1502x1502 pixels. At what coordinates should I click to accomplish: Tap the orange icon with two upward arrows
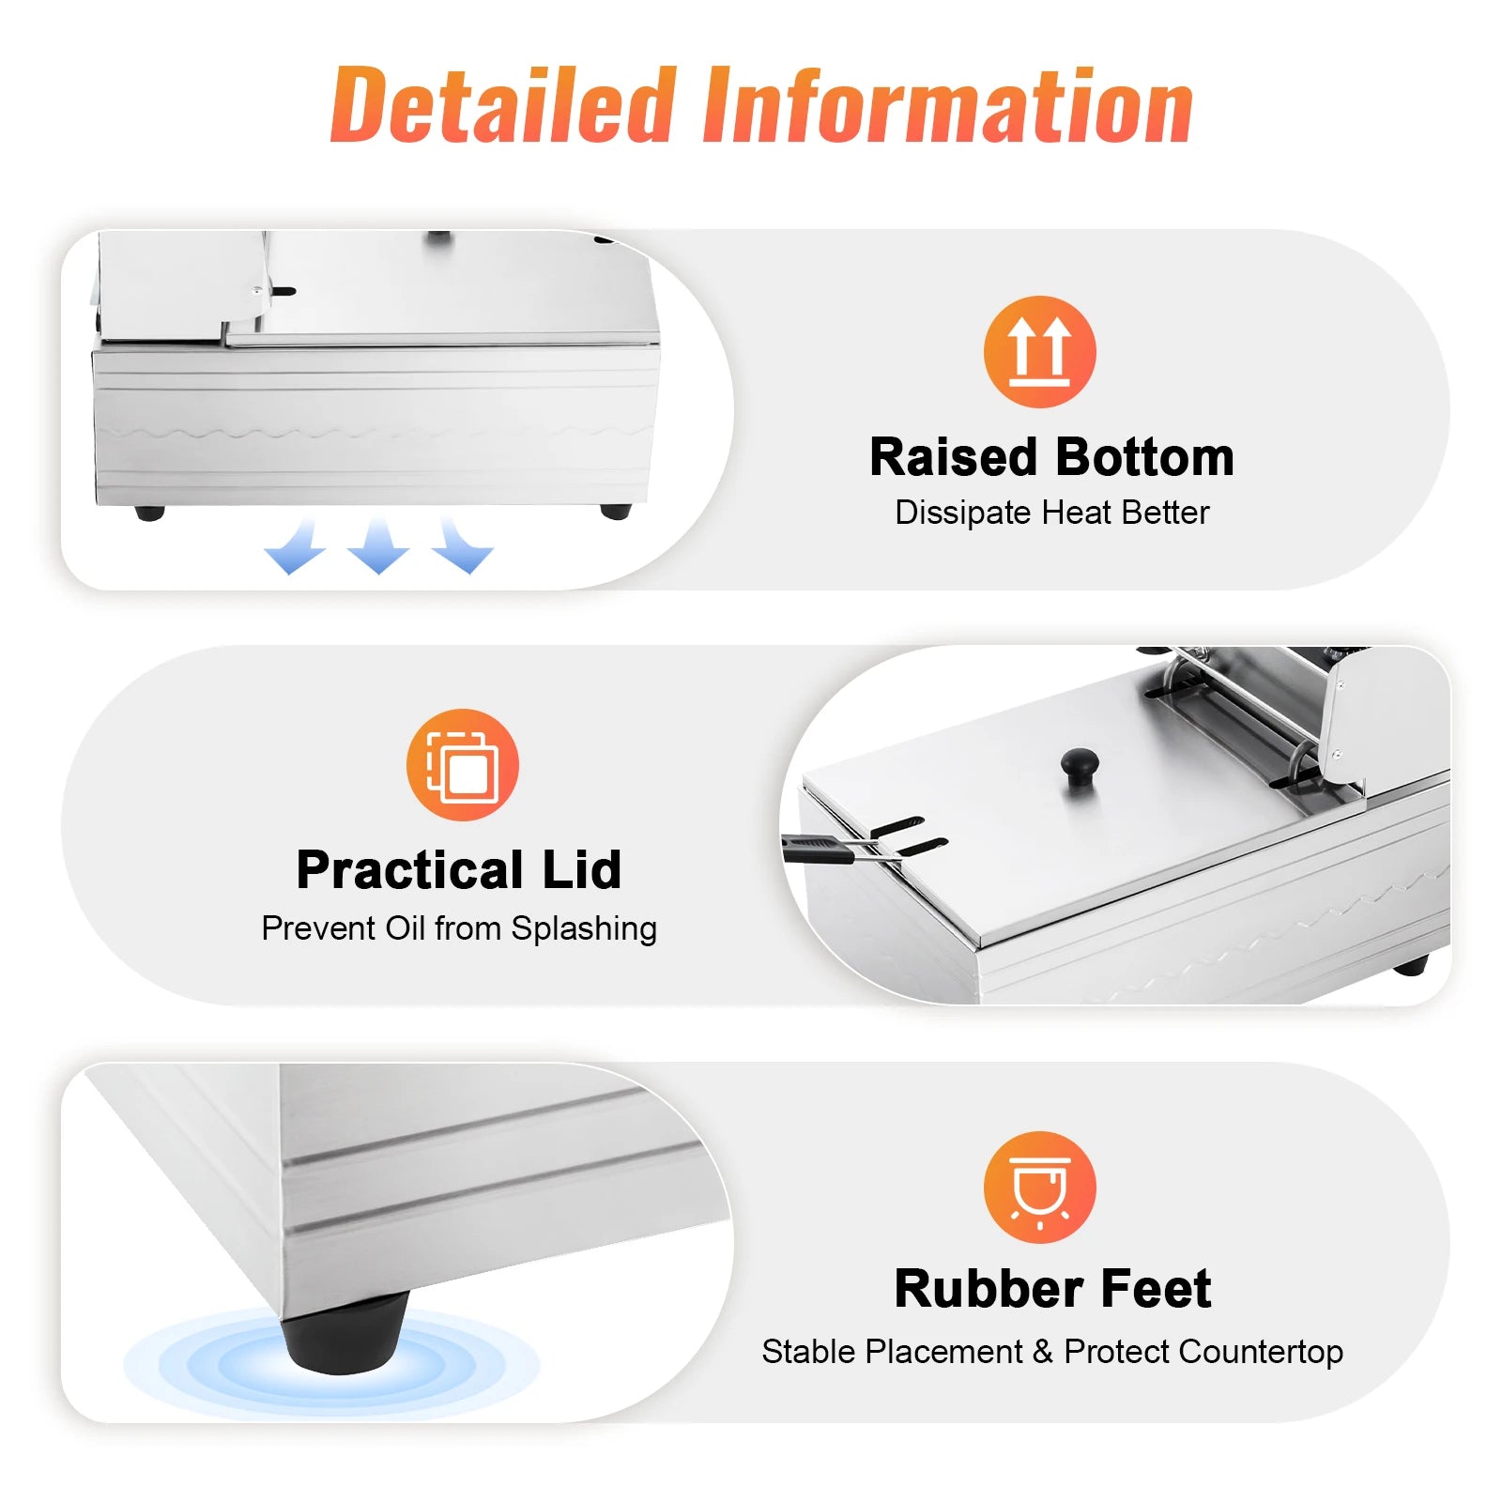pyautogui.click(x=1039, y=352)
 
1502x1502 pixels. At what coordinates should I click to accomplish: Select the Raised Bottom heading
pyautogui.click(x=1051, y=457)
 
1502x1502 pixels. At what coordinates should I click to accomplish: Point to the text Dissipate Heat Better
pyautogui.click(x=1051, y=513)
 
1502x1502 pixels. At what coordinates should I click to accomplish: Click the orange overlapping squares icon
pyautogui.click(x=462, y=764)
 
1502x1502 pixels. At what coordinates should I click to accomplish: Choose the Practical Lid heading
pyautogui.click(x=459, y=869)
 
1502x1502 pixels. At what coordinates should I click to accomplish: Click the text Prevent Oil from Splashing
pyautogui.click(x=459, y=928)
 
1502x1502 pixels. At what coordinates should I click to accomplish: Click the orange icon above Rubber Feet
pyautogui.click(x=1039, y=1188)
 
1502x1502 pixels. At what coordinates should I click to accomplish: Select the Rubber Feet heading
pyautogui.click(x=1052, y=1288)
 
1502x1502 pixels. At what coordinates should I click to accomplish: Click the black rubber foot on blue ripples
pyautogui.click(x=345, y=1333)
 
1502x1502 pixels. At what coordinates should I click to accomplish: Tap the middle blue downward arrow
pyautogui.click(x=377, y=544)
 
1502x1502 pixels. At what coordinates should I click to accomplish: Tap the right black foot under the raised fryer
pyautogui.click(x=616, y=512)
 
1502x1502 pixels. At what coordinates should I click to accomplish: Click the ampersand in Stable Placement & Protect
pyautogui.click(x=1043, y=1352)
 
